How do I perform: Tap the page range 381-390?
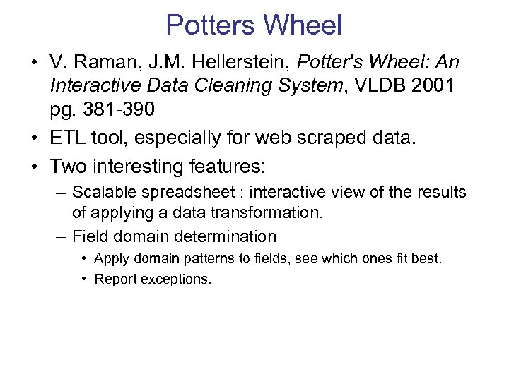click(x=115, y=109)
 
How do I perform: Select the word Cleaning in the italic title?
click(x=213, y=86)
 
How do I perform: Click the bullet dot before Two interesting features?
click(x=34, y=167)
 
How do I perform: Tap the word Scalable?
click(x=103, y=192)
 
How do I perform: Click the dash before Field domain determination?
click(x=62, y=236)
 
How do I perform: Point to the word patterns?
click(x=206, y=258)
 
